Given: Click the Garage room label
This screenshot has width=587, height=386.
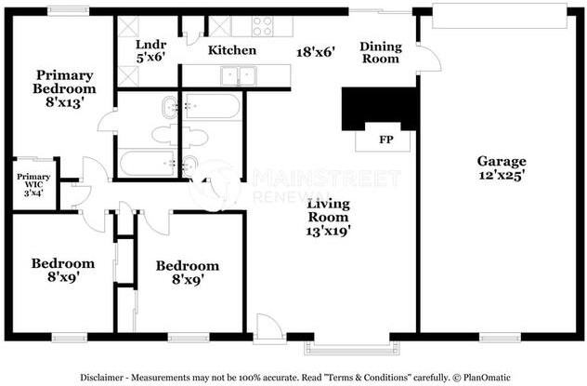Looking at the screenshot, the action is pyautogui.click(x=502, y=161).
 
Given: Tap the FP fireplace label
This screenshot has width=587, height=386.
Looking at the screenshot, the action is pyautogui.click(x=386, y=140).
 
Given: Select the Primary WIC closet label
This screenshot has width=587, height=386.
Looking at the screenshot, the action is pyautogui.click(x=33, y=180).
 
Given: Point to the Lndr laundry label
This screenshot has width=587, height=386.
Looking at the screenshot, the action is pyautogui.click(x=150, y=45).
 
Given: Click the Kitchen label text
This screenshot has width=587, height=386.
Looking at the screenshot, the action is pyautogui.click(x=232, y=50).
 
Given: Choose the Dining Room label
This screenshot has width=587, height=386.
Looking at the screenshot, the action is pyautogui.click(x=381, y=52).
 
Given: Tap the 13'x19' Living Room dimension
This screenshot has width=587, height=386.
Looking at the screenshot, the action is pyautogui.click(x=328, y=231).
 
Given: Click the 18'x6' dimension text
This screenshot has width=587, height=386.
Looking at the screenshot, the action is pyautogui.click(x=316, y=52).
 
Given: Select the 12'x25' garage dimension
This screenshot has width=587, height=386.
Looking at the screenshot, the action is pyautogui.click(x=502, y=175).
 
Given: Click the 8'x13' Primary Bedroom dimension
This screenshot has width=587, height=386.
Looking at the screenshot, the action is pyautogui.click(x=64, y=102).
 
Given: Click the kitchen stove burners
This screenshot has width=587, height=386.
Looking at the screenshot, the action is pyautogui.click(x=263, y=26).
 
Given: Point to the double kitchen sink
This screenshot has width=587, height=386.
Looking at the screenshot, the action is pyautogui.click(x=239, y=76).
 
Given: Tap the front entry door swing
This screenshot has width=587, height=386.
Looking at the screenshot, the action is pyautogui.click(x=269, y=328).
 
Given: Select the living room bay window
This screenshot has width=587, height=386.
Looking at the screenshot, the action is pyautogui.click(x=351, y=349).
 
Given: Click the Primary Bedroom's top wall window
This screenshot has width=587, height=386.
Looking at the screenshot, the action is pyautogui.click(x=69, y=11).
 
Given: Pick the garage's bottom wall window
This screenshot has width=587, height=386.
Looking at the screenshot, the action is pyautogui.click(x=500, y=338).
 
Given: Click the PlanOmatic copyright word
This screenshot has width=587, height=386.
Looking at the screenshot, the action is pyautogui.click(x=487, y=378).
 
